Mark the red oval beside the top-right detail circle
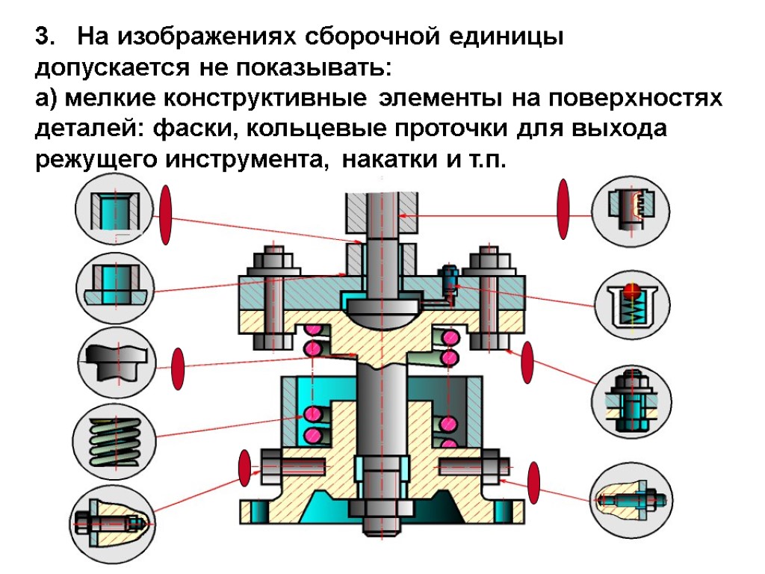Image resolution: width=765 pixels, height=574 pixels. click(x=563, y=209)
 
